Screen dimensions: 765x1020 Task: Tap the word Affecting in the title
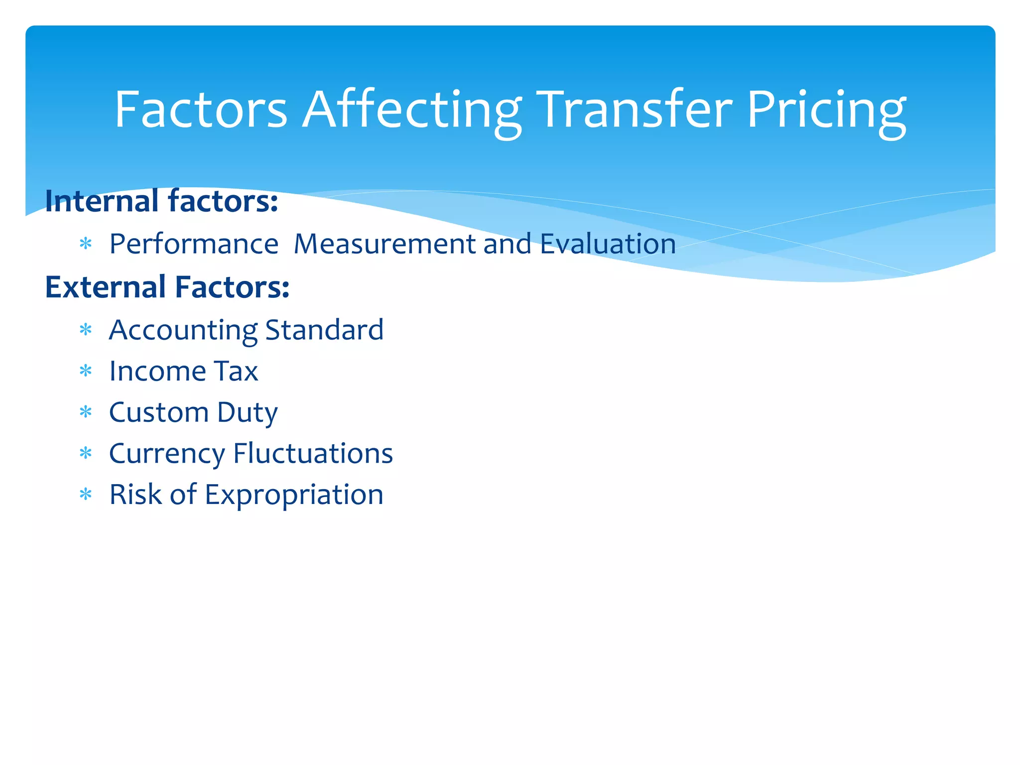[412, 111]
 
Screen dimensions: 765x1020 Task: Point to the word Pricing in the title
[826, 111]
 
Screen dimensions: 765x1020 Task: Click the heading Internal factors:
[161, 201]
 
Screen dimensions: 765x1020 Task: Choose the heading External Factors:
[167, 287]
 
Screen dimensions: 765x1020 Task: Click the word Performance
[194, 245]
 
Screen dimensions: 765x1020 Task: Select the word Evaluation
[608, 245]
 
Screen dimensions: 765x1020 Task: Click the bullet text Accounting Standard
[246, 330]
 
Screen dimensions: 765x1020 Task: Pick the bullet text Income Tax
[183, 372]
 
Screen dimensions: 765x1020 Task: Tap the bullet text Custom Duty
[193, 413]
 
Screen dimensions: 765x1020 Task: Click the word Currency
[167, 454]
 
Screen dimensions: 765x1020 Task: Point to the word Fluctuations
[313, 454]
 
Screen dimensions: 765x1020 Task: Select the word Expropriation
[294, 496]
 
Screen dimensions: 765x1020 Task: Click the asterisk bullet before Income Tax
[86, 371]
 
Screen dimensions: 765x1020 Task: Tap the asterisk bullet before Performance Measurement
[86, 244]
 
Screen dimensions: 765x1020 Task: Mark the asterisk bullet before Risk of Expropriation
[86, 495]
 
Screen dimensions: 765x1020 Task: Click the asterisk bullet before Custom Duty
[86, 412]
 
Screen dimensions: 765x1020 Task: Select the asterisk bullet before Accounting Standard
[86, 330]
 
